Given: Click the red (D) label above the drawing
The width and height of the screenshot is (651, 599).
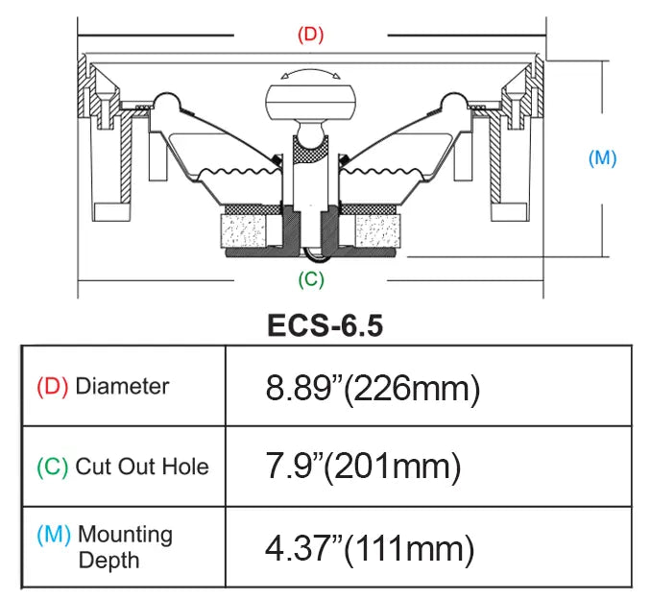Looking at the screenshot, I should pyautogui.click(x=309, y=35).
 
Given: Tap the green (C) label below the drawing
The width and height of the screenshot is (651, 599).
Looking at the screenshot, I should pyautogui.click(x=309, y=279).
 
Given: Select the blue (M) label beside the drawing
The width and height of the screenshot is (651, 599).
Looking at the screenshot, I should pyautogui.click(x=601, y=158).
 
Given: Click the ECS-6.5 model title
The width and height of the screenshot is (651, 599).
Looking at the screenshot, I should pyautogui.click(x=325, y=325).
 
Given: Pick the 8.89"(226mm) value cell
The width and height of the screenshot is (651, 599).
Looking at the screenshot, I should pyautogui.click(x=372, y=388).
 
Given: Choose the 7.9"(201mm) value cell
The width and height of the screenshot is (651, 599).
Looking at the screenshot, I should pyautogui.click(x=363, y=467).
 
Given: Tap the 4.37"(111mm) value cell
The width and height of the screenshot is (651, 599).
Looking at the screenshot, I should pyautogui.click(x=369, y=548).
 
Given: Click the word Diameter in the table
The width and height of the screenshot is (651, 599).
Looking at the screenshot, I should pyautogui.click(x=122, y=387).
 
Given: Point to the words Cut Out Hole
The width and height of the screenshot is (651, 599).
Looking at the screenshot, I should pyautogui.click(x=141, y=467).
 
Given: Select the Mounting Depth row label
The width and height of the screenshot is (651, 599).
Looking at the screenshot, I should pyautogui.click(x=125, y=547).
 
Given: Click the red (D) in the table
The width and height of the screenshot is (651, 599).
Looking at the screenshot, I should pyautogui.click(x=52, y=387).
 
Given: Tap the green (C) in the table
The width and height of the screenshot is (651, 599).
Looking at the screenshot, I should pyautogui.click(x=52, y=467).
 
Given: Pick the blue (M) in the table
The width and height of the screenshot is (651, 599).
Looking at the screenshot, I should pyautogui.click(x=53, y=535).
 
